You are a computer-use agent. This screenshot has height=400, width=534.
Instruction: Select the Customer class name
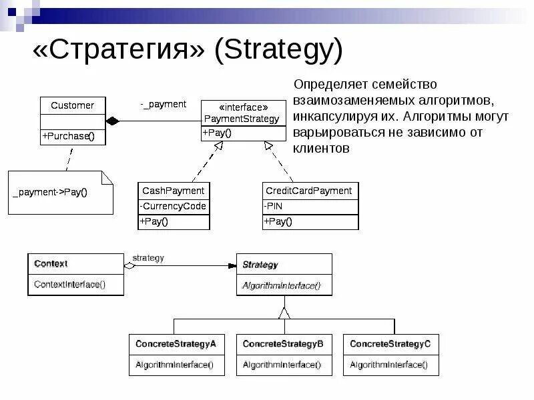(72, 105)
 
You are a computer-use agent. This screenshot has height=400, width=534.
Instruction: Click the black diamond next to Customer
(112, 121)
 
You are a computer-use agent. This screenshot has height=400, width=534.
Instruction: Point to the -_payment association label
(163, 105)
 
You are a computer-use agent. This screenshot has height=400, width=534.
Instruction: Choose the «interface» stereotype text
(244, 107)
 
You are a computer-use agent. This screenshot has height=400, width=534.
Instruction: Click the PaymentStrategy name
(242, 119)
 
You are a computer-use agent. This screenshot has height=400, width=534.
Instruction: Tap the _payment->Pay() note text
(50, 193)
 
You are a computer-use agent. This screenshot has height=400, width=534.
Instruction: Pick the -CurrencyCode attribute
(174, 206)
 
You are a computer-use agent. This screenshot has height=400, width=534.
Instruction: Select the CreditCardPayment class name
(308, 191)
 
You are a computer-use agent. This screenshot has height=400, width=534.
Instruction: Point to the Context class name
(51, 264)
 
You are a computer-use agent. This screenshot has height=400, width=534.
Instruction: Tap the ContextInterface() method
(69, 284)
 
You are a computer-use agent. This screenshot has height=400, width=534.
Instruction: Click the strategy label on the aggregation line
(148, 258)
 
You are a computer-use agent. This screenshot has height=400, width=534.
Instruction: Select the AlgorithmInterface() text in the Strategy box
(281, 285)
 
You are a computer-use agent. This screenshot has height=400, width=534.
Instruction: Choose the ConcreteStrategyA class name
(176, 344)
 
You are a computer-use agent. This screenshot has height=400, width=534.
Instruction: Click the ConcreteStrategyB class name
(283, 344)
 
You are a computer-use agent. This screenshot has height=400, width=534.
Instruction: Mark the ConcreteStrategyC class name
(390, 344)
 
